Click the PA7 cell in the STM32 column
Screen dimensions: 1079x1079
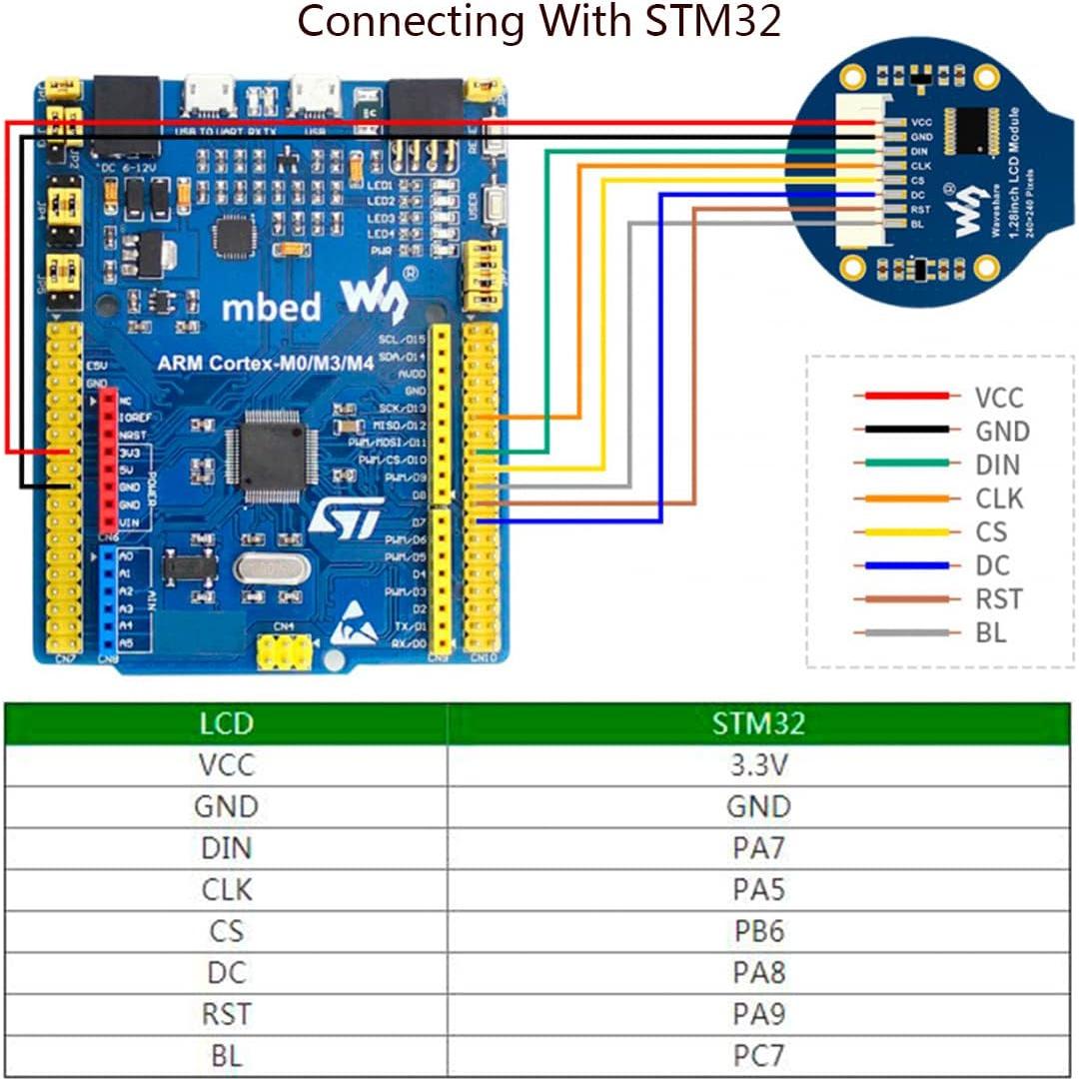(758, 848)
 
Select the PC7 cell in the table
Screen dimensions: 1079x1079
(758, 1055)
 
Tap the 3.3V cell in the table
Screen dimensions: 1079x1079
(758, 765)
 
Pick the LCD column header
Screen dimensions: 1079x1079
(227, 723)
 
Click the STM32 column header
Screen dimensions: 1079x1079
(758, 723)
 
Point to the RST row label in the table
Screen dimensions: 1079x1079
(227, 1013)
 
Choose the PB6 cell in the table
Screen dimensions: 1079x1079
(758, 931)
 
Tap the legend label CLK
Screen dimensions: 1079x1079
(999, 499)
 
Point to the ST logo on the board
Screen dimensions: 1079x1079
(345, 518)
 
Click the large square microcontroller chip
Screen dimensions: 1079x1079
(266, 456)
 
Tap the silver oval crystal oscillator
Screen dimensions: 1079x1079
(272, 569)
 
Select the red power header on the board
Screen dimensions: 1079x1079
(108, 460)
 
